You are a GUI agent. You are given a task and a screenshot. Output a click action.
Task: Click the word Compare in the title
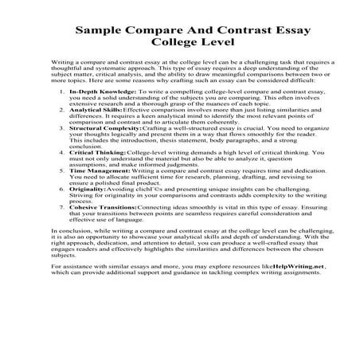click(x=157, y=33)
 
